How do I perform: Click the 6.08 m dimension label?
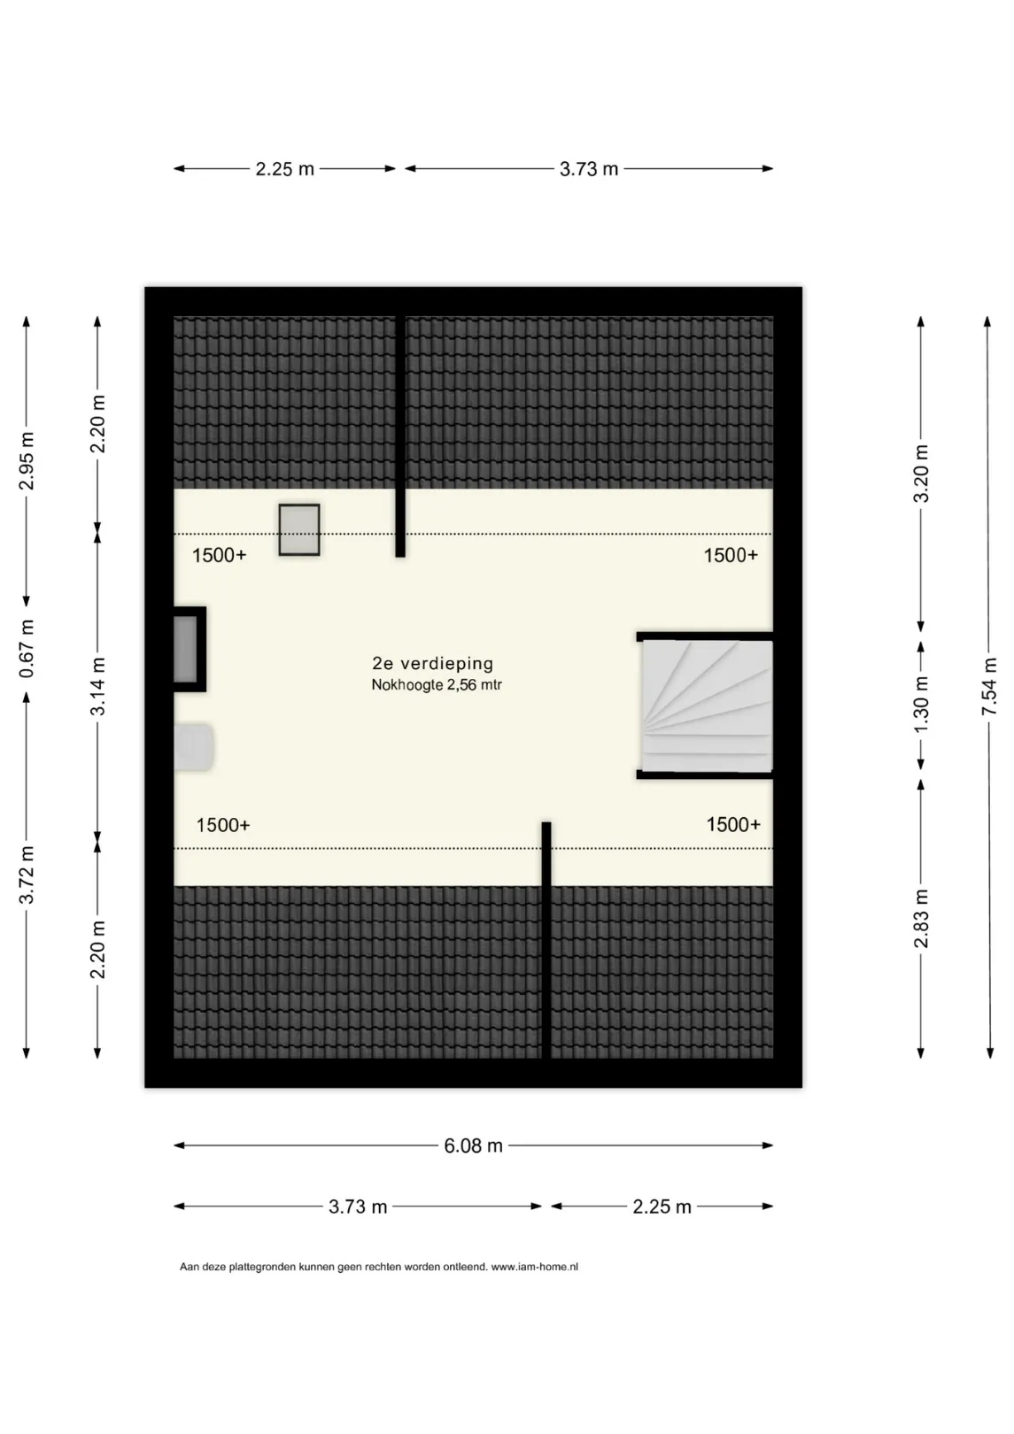click(x=474, y=1145)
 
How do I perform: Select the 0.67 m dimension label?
click(x=27, y=649)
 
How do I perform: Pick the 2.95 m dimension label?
click(x=27, y=461)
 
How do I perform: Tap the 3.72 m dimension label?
click(x=27, y=874)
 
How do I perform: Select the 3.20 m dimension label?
click(x=921, y=474)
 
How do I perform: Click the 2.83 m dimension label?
click(x=921, y=919)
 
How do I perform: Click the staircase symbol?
click(x=707, y=705)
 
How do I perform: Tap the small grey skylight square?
click(x=299, y=530)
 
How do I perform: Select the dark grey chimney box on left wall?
click(x=190, y=649)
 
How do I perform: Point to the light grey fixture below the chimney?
click(x=193, y=746)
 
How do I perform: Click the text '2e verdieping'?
click(x=433, y=663)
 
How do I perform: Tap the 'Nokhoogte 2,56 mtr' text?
click(x=437, y=685)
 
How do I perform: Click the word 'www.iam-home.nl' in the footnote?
click(x=535, y=1267)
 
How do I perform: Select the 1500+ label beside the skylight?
click(x=219, y=555)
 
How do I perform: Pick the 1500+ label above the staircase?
click(x=731, y=555)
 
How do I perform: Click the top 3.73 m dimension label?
click(x=589, y=169)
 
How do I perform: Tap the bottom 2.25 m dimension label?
click(x=662, y=1207)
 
